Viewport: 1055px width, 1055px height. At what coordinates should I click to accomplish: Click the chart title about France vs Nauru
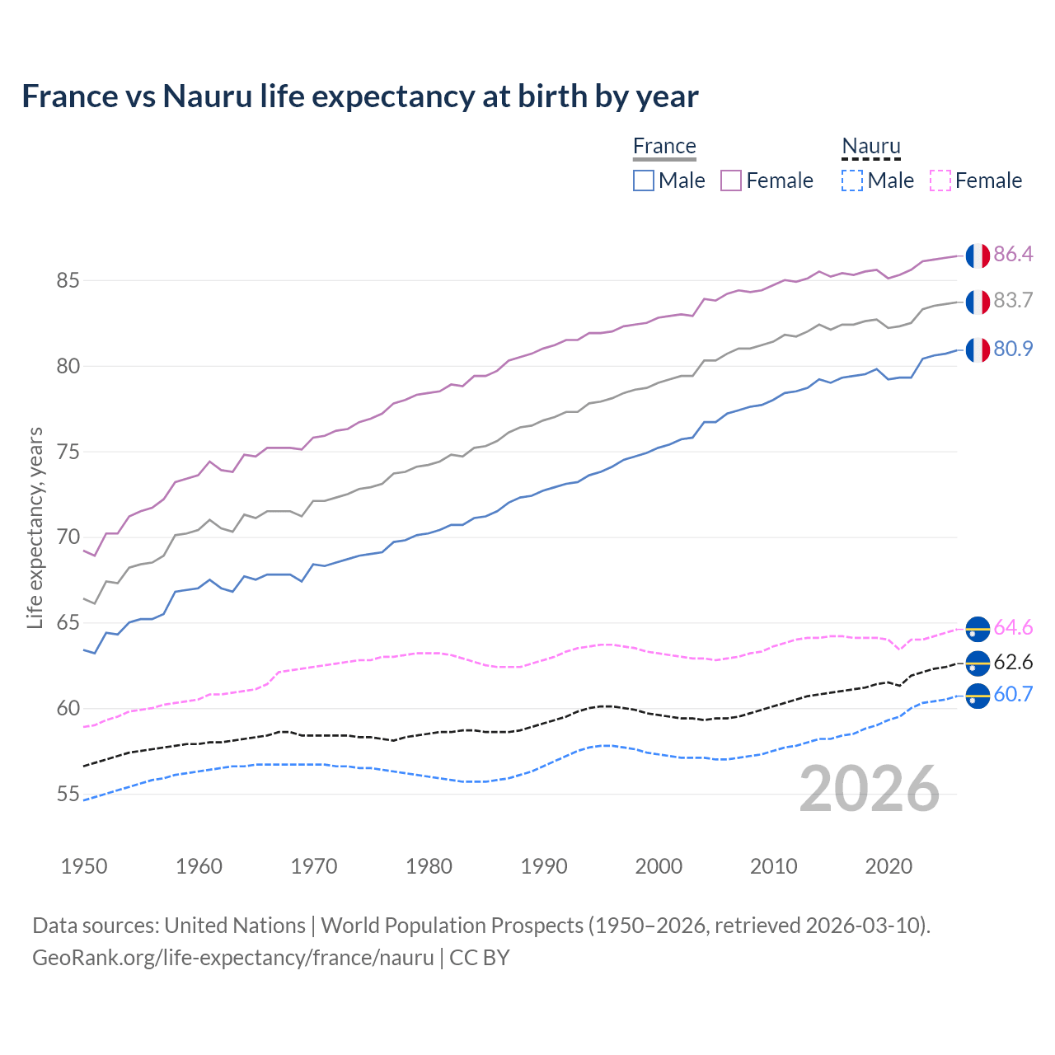(x=360, y=96)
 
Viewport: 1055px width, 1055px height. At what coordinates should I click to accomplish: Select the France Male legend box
(x=644, y=181)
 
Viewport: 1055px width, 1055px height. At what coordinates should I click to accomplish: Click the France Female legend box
(x=731, y=181)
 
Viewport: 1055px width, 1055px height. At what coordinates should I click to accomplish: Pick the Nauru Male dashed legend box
(x=852, y=181)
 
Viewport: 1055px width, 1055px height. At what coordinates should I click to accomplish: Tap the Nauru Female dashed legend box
(x=940, y=181)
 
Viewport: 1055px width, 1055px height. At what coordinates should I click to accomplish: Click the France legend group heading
(x=664, y=147)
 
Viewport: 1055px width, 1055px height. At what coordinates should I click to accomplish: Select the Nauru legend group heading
(x=871, y=147)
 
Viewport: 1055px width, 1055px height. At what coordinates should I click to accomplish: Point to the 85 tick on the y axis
(x=68, y=281)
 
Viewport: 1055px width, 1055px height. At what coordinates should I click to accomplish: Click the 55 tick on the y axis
(x=68, y=795)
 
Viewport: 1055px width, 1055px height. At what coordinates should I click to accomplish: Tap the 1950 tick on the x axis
(x=84, y=866)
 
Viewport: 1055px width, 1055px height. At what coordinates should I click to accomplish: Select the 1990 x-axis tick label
(x=544, y=866)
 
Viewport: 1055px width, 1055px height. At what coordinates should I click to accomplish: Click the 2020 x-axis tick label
(x=889, y=866)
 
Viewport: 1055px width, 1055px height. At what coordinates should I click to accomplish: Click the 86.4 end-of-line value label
(x=1013, y=254)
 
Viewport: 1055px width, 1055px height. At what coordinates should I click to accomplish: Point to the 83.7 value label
(x=1013, y=301)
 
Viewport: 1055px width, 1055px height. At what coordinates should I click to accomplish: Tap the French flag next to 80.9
(x=978, y=349)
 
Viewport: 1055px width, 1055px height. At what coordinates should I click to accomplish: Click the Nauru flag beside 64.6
(x=978, y=628)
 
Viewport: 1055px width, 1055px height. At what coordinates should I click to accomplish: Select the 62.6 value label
(x=1013, y=663)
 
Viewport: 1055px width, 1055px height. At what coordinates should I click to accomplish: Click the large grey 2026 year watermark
(x=870, y=789)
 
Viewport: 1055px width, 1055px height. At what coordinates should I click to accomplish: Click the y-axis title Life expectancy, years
(x=35, y=527)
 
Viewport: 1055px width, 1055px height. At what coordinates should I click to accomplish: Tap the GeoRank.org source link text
(x=233, y=958)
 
